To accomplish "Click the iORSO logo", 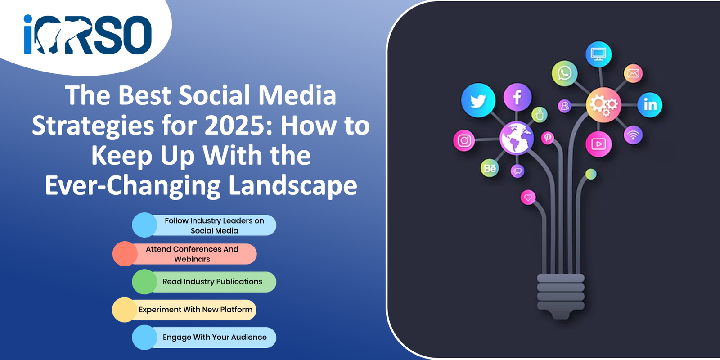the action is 87,34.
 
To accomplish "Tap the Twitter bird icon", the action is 478,100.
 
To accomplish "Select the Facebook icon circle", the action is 517,97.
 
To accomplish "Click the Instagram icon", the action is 464,140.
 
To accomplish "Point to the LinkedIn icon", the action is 650,105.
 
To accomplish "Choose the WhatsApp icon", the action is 564,73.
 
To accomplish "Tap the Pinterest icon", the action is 547,138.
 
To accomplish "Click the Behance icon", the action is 490,168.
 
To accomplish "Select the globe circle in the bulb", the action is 517,138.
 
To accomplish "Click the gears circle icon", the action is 603,105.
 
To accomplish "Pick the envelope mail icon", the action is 633,73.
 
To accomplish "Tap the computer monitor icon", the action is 598,54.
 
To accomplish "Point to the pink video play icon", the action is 598,144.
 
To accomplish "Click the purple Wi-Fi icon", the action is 633,135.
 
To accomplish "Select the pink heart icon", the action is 528,198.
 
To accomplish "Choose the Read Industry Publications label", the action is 212,282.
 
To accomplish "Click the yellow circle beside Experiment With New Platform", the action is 125,310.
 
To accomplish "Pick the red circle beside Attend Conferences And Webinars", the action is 125,254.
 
